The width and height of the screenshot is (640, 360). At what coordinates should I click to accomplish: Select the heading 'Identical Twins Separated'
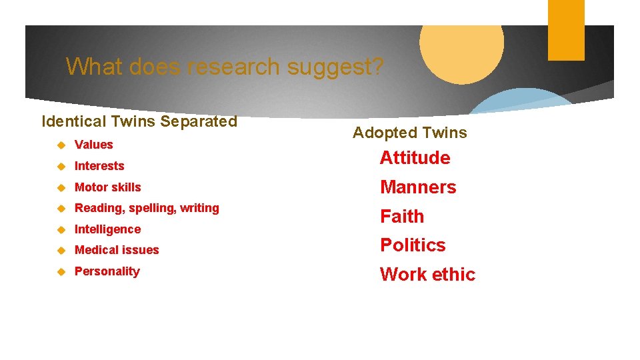click(x=139, y=121)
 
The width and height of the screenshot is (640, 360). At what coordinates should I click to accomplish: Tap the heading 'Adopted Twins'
click(x=409, y=133)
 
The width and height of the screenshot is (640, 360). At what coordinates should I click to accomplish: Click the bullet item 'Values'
click(x=94, y=145)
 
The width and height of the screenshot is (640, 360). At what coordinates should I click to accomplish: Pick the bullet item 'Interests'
click(x=99, y=166)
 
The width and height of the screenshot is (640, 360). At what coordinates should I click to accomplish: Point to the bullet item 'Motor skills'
click(x=108, y=187)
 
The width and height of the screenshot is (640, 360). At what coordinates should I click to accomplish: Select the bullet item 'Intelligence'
click(x=107, y=229)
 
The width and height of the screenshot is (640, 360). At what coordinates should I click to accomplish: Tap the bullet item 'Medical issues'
click(x=117, y=250)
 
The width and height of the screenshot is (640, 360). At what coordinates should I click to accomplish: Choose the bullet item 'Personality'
click(x=107, y=271)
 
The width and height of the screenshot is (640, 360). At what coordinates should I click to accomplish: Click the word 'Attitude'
click(x=415, y=158)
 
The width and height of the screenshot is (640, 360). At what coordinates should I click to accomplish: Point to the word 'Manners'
click(x=418, y=187)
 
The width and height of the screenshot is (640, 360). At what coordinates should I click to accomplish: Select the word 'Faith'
click(x=402, y=217)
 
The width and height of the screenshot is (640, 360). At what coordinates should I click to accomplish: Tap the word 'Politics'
click(x=413, y=245)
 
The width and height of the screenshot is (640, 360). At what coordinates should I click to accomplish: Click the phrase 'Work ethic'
click(x=427, y=275)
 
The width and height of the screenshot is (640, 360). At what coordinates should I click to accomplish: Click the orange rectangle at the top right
click(x=566, y=30)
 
